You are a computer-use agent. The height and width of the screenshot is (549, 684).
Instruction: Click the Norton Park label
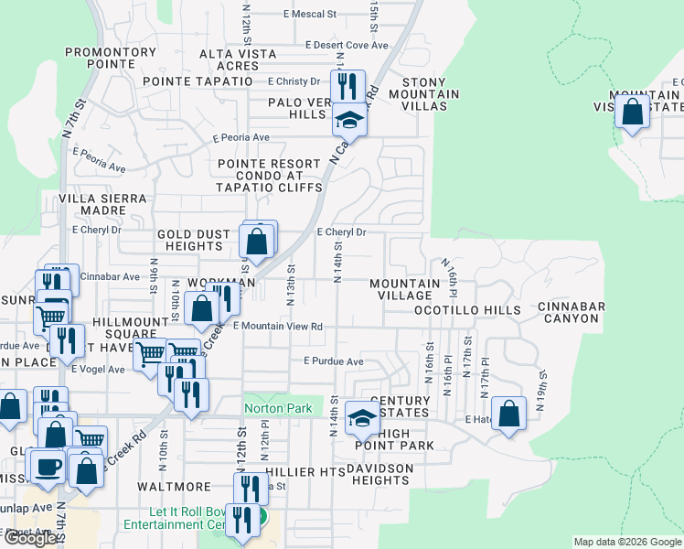[x=278, y=408]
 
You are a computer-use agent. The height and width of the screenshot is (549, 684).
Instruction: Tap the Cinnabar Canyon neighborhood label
[x=568, y=312]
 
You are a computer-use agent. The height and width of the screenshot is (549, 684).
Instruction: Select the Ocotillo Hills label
[x=467, y=310]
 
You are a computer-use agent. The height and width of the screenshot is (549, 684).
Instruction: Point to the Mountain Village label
[x=404, y=290]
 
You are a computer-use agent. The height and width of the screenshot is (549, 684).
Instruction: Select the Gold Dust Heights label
[x=193, y=240]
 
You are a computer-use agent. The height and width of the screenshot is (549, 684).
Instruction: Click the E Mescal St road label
[x=310, y=15]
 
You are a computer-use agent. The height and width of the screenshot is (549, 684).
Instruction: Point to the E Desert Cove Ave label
[x=347, y=44]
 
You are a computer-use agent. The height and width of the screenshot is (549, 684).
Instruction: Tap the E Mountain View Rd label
[x=278, y=326]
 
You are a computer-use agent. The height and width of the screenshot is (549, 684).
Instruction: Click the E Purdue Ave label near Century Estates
[x=334, y=361]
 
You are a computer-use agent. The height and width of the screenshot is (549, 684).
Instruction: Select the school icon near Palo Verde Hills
[x=348, y=119]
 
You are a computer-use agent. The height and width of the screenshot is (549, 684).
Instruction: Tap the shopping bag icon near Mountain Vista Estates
[x=633, y=113]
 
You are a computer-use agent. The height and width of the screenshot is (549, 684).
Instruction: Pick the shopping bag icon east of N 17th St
[x=509, y=414]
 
